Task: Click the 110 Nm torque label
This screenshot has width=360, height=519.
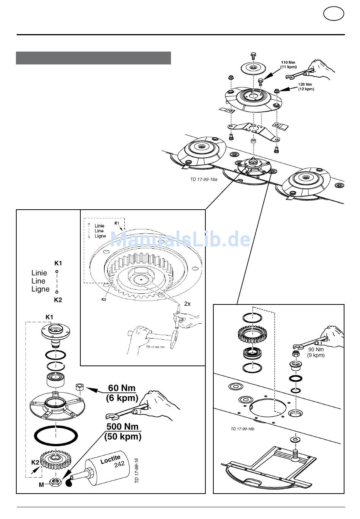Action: tap(288, 64)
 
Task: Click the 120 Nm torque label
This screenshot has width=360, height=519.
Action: tap(306, 87)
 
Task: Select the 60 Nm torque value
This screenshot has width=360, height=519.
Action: tap(122, 388)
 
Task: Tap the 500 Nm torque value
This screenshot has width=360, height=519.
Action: tap(122, 427)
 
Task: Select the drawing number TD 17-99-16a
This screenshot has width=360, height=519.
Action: tap(203, 179)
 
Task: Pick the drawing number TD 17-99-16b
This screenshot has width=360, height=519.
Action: tap(243, 429)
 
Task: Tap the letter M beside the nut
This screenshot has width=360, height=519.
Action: tap(41, 485)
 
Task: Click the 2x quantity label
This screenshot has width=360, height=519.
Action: tap(187, 304)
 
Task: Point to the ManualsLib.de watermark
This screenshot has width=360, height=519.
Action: tap(180, 240)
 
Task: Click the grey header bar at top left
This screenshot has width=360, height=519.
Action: tap(93, 58)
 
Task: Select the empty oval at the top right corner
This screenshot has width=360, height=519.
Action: tap(333, 14)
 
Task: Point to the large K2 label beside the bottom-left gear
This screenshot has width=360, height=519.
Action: tap(35, 462)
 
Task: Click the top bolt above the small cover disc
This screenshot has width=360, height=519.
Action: tap(253, 55)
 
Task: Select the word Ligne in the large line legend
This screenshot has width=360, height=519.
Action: tap(40, 289)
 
